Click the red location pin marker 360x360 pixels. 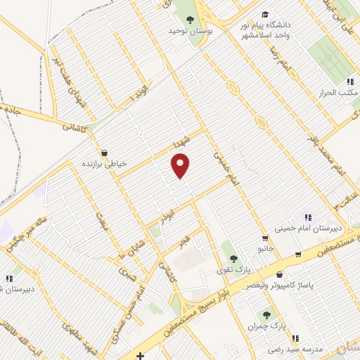coord(181,166)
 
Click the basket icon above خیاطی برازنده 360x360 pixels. coord(105,152)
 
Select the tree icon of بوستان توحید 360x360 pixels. coord(189,20)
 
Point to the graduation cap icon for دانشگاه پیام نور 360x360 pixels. coord(264,15)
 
